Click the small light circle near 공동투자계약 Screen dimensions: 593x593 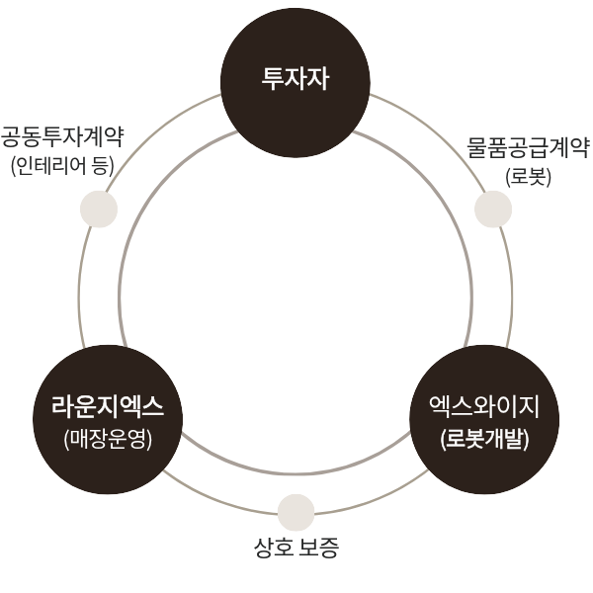(98, 210)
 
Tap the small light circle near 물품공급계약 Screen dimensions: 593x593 (493, 210)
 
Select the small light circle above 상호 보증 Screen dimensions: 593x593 (296, 512)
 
